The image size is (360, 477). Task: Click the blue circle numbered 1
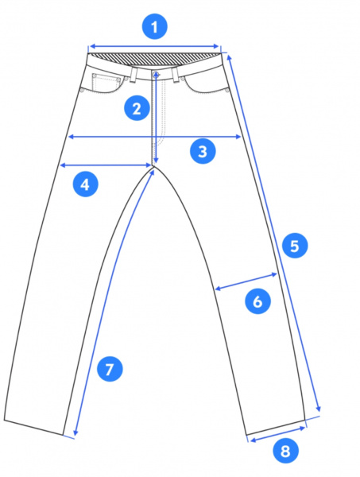pos(154,27)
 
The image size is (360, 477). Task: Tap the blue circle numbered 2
pos(137,108)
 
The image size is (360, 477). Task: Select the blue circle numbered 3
pos(203,151)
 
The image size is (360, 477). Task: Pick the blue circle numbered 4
pos(86,184)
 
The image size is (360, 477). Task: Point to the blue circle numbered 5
pos(295,246)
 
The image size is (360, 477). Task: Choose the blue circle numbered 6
pos(257,301)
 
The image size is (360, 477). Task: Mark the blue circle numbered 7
pos(110,369)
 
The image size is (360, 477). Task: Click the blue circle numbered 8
pos(285,451)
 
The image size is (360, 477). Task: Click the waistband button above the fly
pos(156,73)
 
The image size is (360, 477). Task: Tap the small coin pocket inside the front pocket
pos(106,83)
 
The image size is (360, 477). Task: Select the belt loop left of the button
pos(134,75)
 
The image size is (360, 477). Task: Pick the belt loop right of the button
pos(175,75)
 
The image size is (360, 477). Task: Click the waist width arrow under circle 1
pos(154,46)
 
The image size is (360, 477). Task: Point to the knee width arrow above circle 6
pos(246,281)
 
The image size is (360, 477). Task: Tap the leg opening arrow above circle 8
pos(277,434)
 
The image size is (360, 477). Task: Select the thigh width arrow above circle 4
pos(106,165)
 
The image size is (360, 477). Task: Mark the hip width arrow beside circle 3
pos(155,137)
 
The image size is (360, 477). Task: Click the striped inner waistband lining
pos(154,59)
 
